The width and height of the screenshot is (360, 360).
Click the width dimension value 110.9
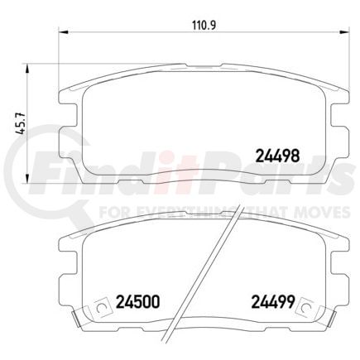195,23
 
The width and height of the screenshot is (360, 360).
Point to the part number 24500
136,302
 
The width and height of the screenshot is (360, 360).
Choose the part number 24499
262,302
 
